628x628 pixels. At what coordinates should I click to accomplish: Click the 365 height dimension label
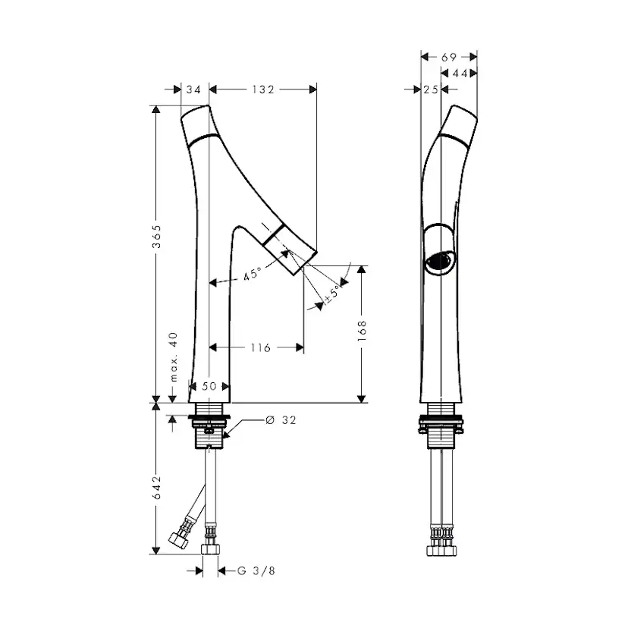156,237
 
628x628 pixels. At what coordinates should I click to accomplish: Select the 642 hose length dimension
156,487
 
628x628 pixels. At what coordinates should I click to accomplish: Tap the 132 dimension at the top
263,89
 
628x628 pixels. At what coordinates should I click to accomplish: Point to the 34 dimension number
193,89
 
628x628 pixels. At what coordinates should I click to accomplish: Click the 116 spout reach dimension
260,347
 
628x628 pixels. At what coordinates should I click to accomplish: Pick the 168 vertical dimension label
362,330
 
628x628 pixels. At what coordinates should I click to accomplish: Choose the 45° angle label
253,274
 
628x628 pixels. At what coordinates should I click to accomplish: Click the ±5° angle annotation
332,293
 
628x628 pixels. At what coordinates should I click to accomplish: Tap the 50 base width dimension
209,386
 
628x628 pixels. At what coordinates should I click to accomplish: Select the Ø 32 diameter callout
281,419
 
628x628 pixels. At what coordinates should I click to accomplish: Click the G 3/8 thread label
256,570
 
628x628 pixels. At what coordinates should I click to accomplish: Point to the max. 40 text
174,356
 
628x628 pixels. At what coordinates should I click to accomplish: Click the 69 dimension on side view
449,58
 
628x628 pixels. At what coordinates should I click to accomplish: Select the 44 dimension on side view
460,74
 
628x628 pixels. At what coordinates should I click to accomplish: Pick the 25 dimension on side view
431,89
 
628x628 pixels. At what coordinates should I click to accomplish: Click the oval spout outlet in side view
440,261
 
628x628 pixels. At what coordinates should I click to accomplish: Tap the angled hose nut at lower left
180,539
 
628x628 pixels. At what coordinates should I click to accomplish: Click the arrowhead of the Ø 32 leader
225,436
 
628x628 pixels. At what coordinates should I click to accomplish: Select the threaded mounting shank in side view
441,438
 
